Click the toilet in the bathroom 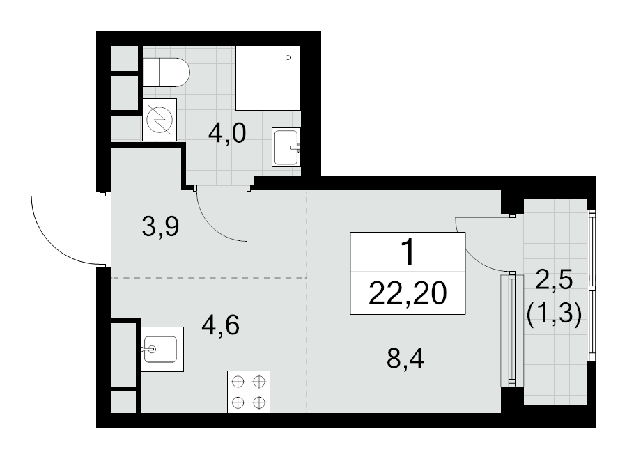(x=166, y=72)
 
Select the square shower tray (x=268, y=78)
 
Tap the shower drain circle (x=288, y=58)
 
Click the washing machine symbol (x=160, y=120)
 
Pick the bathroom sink (x=286, y=147)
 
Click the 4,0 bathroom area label (x=226, y=134)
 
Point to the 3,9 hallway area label (x=160, y=226)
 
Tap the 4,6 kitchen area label (x=221, y=325)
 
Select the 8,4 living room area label (x=405, y=358)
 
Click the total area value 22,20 (x=408, y=293)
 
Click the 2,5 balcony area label (x=554, y=280)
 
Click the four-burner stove (x=249, y=392)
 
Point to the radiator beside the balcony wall (x=511, y=329)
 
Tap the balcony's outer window (x=591, y=285)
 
